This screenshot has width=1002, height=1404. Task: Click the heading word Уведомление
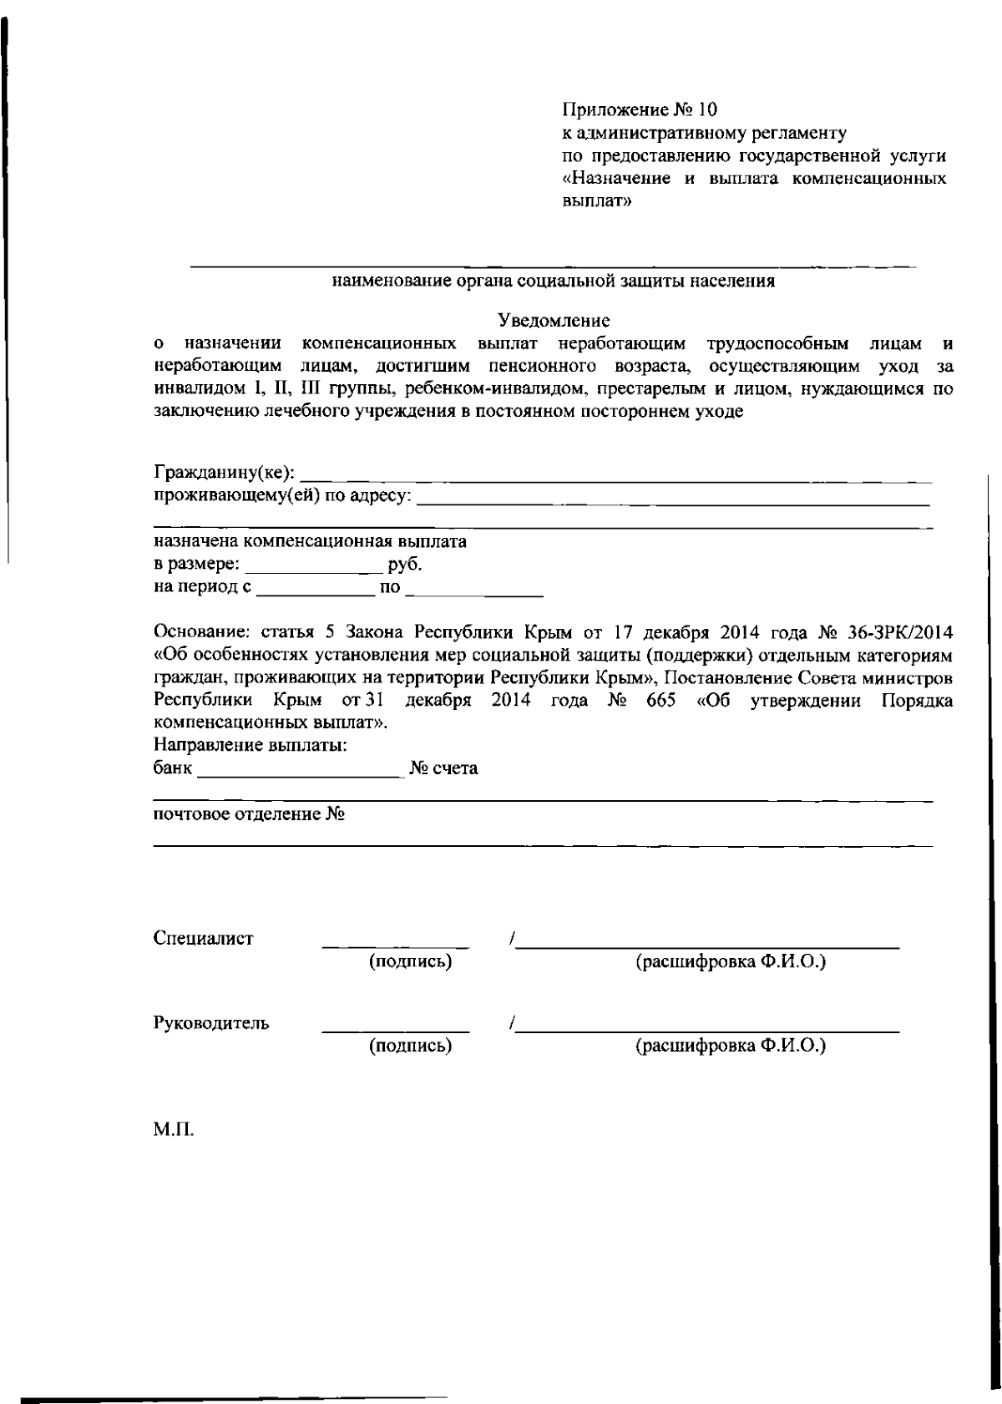(554, 321)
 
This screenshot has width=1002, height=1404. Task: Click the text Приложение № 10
(640, 109)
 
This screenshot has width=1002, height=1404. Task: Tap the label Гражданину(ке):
(224, 474)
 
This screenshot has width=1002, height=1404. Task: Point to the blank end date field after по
(478, 591)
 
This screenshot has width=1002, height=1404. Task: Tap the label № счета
(443, 768)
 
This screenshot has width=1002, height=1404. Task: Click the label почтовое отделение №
(249, 814)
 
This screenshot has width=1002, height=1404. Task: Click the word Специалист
(203, 938)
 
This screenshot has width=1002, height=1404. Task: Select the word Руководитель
(211, 1023)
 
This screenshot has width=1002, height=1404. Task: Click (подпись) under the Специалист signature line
(410, 961)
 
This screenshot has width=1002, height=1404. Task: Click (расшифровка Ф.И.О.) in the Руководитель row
(731, 1046)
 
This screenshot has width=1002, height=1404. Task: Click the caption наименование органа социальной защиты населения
(554, 281)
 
